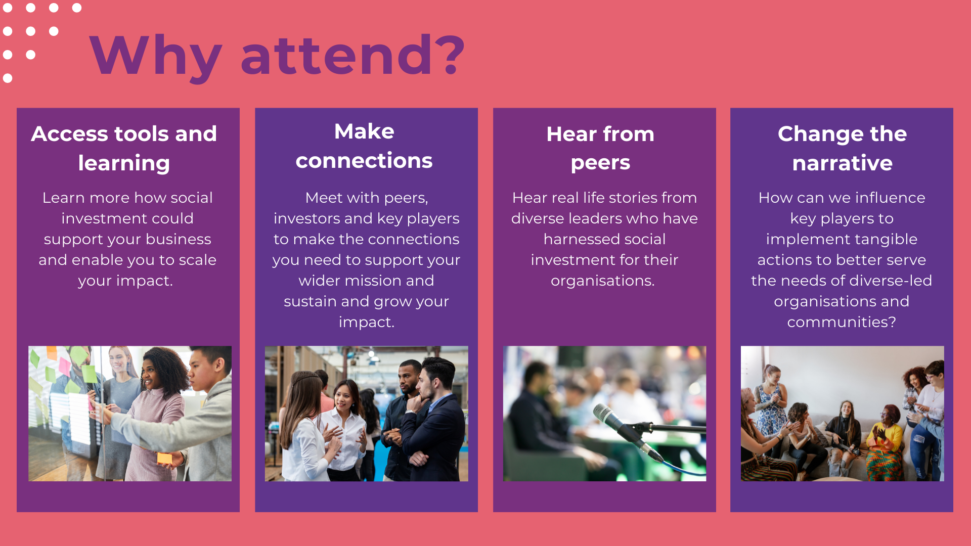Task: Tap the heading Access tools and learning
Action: point(124,148)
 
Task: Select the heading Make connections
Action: point(364,146)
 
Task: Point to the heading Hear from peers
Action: point(600,148)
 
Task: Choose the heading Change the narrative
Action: point(842,148)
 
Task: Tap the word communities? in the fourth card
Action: point(842,322)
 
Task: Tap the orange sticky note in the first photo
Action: point(164,458)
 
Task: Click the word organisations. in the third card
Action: point(602,281)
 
